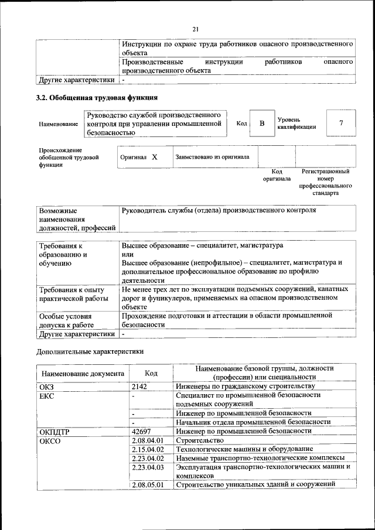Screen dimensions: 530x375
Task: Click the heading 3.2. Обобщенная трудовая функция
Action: point(97,97)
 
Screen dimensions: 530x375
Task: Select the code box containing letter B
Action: point(262,124)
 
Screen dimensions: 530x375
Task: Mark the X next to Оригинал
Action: point(155,158)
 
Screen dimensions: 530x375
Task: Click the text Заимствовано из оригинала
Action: point(212,157)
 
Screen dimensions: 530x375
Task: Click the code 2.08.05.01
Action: point(148,485)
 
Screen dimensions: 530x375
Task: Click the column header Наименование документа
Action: point(83,373)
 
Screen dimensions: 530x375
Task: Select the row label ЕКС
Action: point(46,395)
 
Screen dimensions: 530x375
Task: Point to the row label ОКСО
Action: point(49,440)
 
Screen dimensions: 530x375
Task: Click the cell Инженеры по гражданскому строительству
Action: point(246,386)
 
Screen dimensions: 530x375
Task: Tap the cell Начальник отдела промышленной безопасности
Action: point(253,422)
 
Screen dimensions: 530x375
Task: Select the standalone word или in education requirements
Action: point(128,254)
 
